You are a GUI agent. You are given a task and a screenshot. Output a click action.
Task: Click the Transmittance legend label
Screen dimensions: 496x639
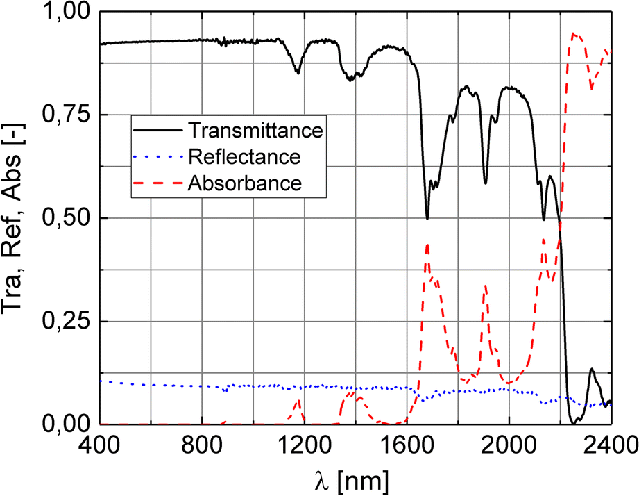[x=256, y=130]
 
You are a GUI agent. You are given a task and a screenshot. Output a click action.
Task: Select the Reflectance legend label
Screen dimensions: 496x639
[x=244, y=156]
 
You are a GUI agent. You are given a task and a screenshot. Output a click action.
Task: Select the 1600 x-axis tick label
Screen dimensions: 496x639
[x=407, y=444]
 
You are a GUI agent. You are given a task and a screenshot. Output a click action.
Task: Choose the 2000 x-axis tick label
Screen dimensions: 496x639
[x=509, y=444]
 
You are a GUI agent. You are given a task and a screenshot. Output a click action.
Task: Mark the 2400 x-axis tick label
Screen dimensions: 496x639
[x=608, y=444]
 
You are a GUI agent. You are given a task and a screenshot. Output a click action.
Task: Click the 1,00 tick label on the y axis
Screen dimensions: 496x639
[x=66, y=13]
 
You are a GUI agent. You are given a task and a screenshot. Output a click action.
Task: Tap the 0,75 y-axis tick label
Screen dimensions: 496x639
[x=66, y=115]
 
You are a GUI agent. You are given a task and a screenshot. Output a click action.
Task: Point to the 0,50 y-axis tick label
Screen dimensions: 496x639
[x=66, y=218]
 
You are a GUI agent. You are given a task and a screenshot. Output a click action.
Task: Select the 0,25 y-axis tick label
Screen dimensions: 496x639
[x=66, y=321]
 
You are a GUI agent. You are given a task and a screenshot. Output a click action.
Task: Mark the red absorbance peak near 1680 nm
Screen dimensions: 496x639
[x=427, y=244]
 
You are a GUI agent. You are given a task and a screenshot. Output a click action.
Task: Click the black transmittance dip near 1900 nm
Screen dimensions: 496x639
[x=485, y=183]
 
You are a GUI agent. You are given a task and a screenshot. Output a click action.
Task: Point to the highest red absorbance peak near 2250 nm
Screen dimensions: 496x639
[x=573, y=33]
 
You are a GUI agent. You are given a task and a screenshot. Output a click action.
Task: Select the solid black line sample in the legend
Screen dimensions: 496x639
[x=158, y=130]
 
